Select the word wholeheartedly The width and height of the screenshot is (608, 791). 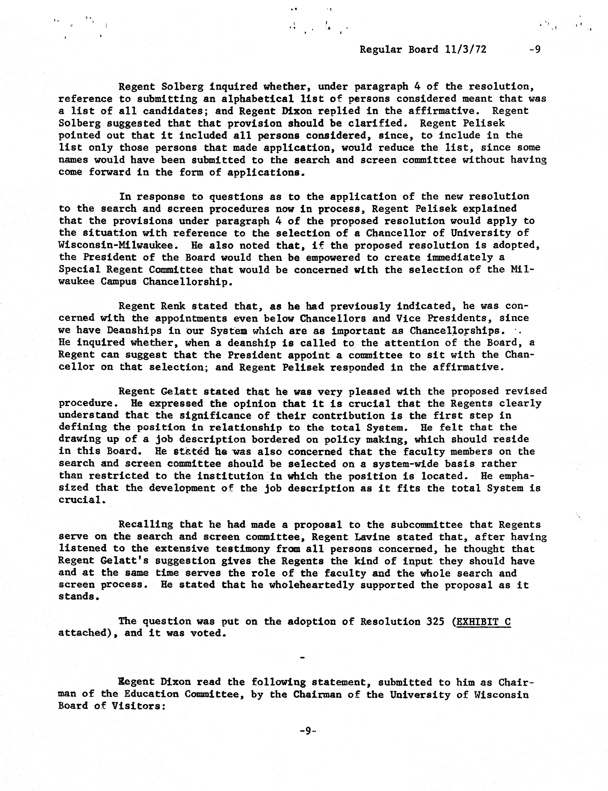(x=312, y=585)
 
